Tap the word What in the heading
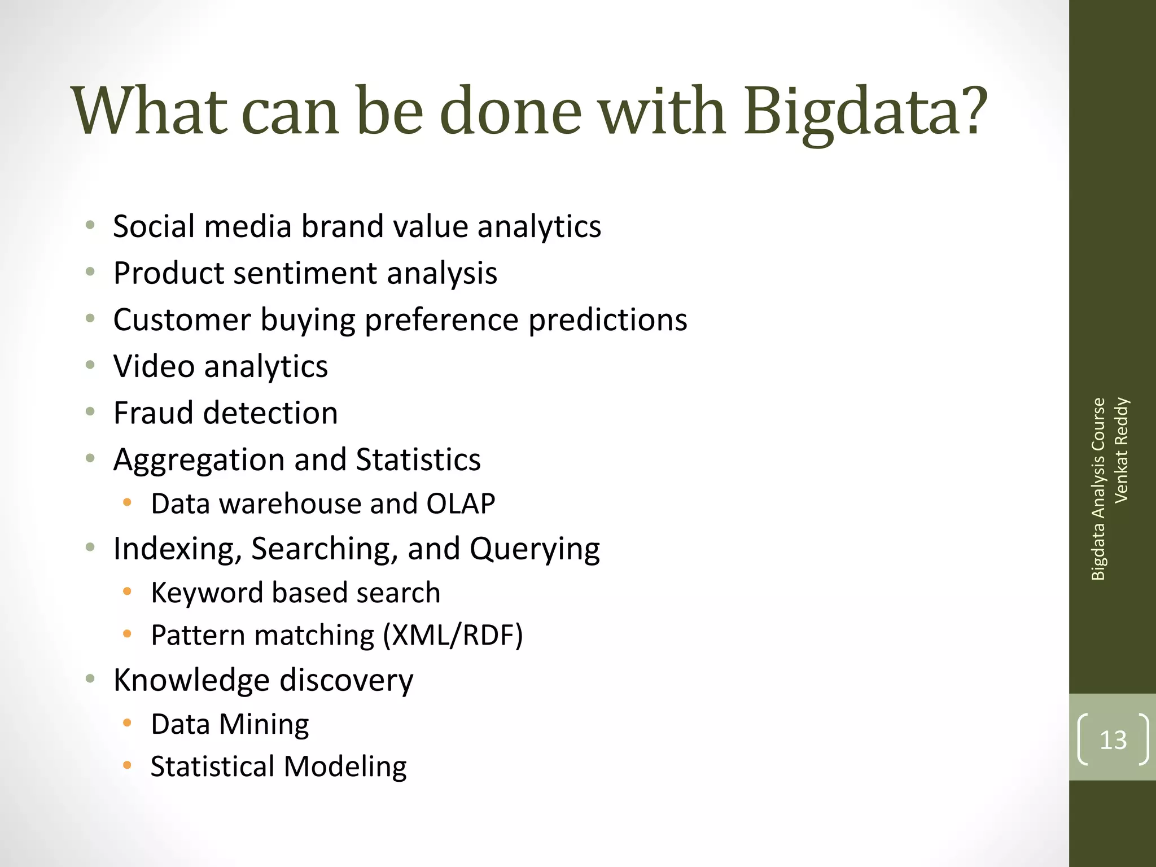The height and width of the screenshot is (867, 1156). coord(150,112)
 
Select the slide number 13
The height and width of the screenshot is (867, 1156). coord(1113,740)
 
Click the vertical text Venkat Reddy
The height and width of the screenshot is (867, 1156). coord(1122,450)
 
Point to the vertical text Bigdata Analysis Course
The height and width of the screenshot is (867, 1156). coord(1098,489)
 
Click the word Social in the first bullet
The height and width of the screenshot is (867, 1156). coord(154,227)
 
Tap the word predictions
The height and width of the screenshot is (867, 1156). coord(607,320)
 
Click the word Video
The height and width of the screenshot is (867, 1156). coord(154,367)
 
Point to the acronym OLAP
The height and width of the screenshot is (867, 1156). coord(461,504)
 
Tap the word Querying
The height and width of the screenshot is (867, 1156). coord(534,549)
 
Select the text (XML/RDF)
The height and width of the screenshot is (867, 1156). coord(453,636)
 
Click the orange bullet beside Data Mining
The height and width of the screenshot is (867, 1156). coord(128,722)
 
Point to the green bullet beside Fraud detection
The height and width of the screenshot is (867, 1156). coord(90,411)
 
